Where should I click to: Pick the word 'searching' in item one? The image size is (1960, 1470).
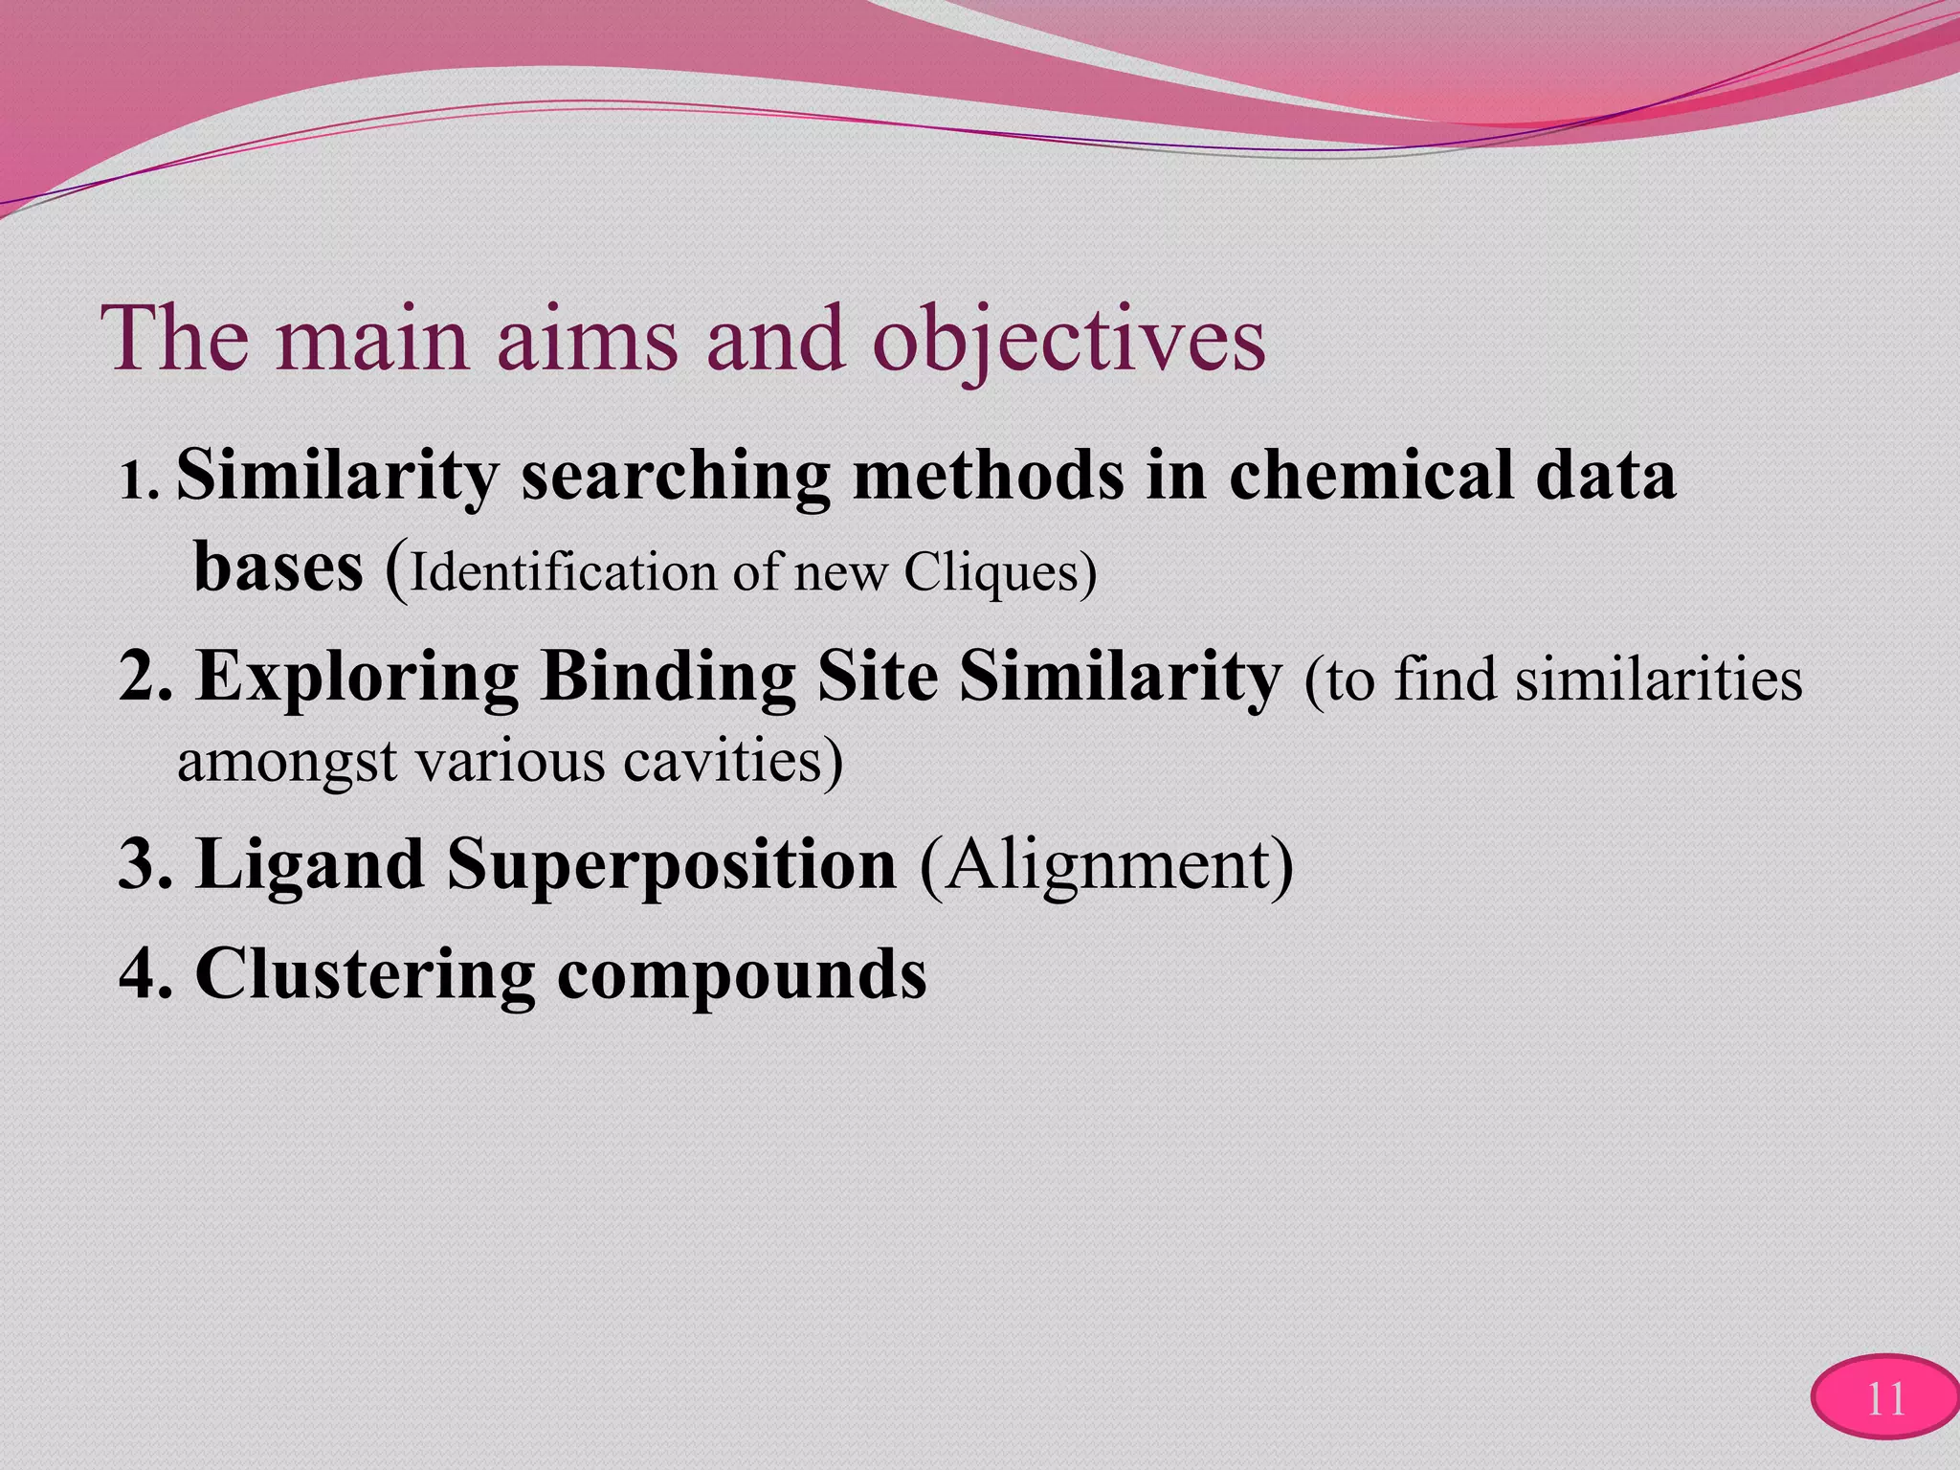point(675,477)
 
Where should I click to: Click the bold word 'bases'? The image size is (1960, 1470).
point(278,568)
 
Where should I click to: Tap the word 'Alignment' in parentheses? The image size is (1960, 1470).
point(1105,865)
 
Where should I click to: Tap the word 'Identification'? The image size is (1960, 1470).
point(564,573)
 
